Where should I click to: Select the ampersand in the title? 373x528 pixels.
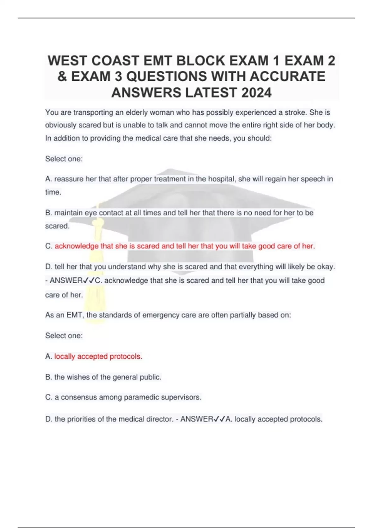click(x=62, y=76)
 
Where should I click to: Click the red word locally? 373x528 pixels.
click(x=65, y=357)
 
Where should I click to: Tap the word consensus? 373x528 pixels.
click(x=79, y=397)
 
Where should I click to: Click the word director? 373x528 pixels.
click(x=159, y=419)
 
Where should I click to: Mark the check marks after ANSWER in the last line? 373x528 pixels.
click(x=219, y=419)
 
